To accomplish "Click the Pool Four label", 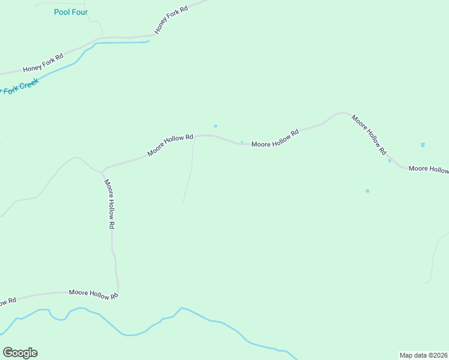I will pyautogui.click(x=70, y=12).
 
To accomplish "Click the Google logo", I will pyautogui.click(x=20, y=353).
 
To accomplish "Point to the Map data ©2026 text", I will pyautogui.click(x=424, y=355).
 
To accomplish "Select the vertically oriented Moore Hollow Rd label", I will pyautogui.click(x=109, y=204).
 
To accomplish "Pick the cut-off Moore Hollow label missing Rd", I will pyautogui.click(x=429, y=169).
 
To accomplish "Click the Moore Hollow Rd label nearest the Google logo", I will pyautogui.click(x=93, y=293).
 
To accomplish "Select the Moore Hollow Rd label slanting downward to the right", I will pyautogui.click(x=369, y=135).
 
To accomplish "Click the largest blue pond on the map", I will pyautogui.click(x=423, y=145).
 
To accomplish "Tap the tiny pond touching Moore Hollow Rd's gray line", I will pyautogui.click(x=241, y=142).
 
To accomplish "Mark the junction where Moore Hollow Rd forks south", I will pyautogui.click(x=103, y=171).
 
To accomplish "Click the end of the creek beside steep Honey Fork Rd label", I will pyautogui.click(x=148, y=42).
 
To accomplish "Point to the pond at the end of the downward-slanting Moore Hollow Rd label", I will pyautogui.click(x=390, y=160).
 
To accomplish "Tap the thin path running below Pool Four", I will pyautogui.click(x=96, y=21).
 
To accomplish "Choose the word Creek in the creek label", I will pyautogui.click(x=28, y=84).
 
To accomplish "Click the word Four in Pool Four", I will pyautogui.click(x=79, y=12).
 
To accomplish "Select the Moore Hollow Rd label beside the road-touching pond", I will pyautogui.click(x=275, y=140).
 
